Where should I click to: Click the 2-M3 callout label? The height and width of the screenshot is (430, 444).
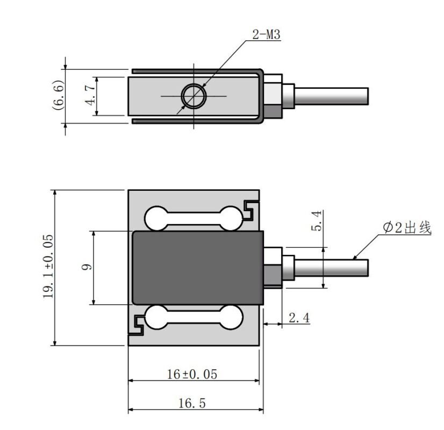[266, 35]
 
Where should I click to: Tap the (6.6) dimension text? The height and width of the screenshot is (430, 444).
[59, 95]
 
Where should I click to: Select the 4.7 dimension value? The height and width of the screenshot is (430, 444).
[90, 92]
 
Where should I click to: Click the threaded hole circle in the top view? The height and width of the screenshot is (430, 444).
[194, 96]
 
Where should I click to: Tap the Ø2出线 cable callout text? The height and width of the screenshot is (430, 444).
[407, 228]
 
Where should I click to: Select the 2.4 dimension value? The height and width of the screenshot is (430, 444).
[299, 318]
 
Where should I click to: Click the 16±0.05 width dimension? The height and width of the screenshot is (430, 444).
[192, 374]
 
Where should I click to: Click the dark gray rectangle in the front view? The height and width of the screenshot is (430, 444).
[197, 267]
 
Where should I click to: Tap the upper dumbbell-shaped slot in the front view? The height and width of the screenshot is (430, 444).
[192, 217]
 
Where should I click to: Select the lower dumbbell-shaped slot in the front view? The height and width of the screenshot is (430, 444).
[192, 317]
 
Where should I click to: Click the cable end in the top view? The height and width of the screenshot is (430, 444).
[366, 96]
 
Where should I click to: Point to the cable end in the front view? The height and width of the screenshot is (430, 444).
[366, 267]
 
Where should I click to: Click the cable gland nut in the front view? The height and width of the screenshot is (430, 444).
[274, 267]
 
